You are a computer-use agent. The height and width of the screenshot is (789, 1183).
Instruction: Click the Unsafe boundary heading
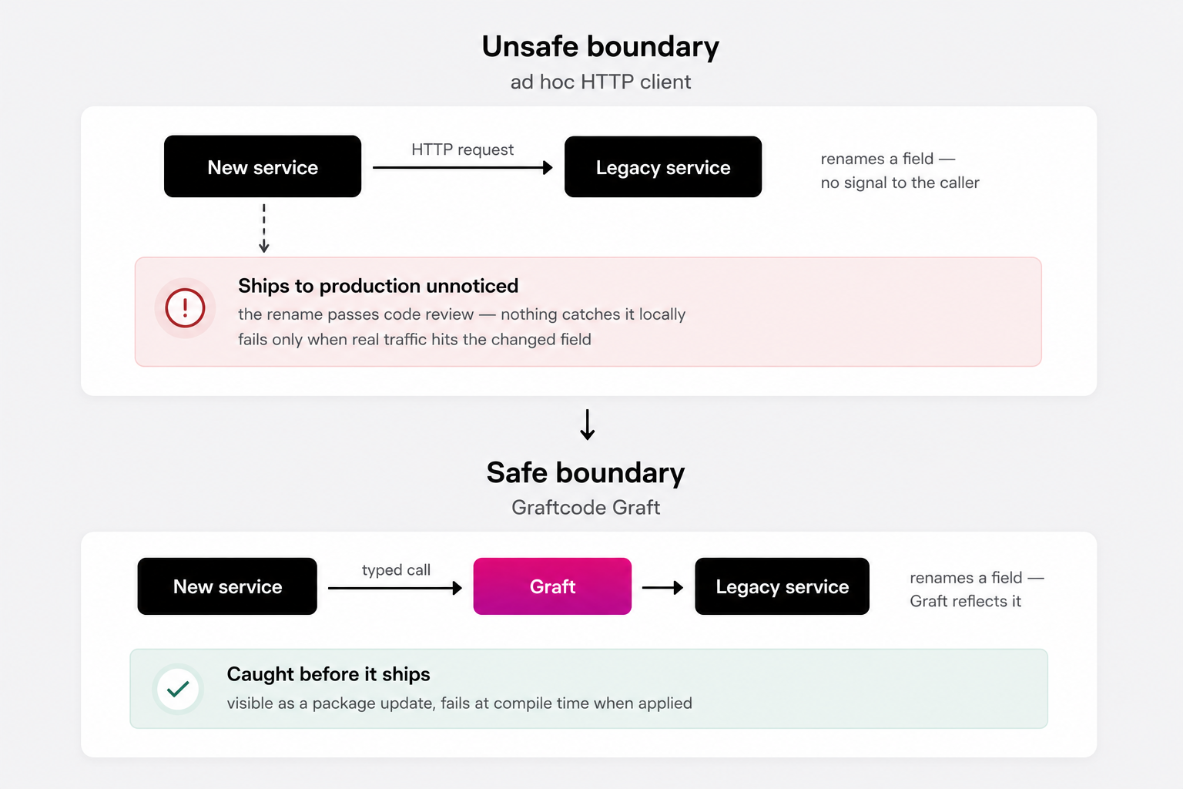[601, 46]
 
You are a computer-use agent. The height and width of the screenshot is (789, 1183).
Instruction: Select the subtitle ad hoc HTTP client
[601, 82]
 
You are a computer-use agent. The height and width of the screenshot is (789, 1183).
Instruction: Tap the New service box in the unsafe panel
[263, 166]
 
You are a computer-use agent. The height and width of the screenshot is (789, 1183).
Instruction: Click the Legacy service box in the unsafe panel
[663, 167]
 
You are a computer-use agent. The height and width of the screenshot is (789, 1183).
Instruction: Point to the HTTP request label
[462, 149]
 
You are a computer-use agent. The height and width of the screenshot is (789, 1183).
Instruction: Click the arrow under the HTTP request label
[463, 167]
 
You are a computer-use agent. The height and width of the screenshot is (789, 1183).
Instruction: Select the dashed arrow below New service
[264, 228]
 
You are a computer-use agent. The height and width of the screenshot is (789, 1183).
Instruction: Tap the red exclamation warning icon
[185, 307]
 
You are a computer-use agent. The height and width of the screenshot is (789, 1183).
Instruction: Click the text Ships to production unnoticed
[378, 286]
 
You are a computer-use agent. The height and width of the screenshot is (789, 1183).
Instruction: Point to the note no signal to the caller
[900, 183]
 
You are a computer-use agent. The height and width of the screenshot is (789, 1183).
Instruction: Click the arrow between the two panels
[588, 425]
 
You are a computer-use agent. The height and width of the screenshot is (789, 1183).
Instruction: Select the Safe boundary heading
[585, 472]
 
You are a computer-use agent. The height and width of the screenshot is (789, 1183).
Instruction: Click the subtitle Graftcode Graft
[585, 507]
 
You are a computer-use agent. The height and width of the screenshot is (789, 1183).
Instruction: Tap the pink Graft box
[552, 586]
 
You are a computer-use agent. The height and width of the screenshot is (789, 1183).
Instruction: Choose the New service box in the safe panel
[227, 586]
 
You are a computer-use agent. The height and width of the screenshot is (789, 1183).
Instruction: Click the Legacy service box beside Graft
[783, 586]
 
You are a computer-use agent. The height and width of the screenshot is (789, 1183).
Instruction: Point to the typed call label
[396, 569]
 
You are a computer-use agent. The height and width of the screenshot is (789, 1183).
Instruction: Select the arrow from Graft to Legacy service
[663, 588]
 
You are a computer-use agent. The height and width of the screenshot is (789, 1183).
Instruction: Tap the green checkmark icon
[178, 689]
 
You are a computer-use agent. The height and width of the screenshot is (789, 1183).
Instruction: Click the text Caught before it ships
[329, 674]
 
